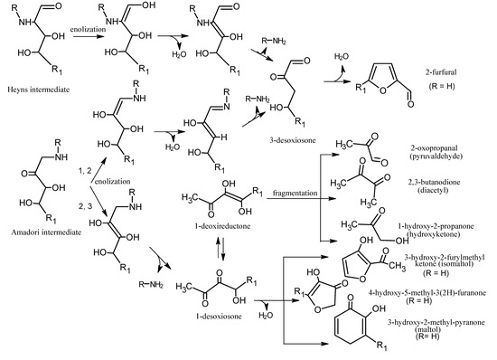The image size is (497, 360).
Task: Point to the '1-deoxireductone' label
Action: [215, 223]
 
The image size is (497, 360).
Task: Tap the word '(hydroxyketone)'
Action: [439, 232]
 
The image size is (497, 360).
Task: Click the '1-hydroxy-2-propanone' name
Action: [438, 223]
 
